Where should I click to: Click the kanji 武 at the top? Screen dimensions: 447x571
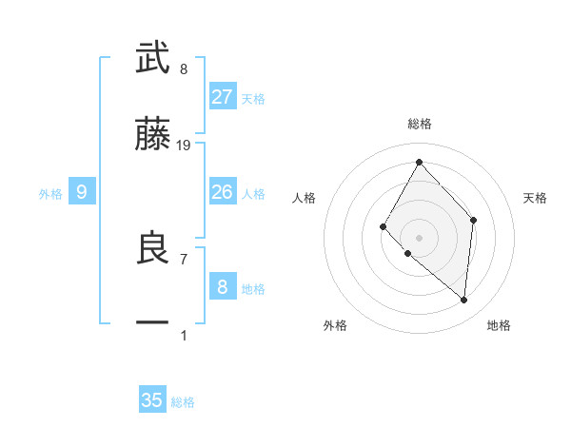[x=152, y=59]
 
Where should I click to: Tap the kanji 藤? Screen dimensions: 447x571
[x=152, y=136]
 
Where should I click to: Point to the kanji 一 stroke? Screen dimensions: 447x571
[x=152, y=323]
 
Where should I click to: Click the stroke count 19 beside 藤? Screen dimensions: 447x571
[x=184, y=146]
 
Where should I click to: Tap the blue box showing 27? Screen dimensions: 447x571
[x=223, y=97]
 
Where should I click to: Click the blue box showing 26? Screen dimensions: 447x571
[x=223, y=192]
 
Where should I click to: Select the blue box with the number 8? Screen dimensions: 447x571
[x=223, y=287]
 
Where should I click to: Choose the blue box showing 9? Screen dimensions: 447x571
[x=82, y=192]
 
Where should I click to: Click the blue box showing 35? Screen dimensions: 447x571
[x=152, y=400]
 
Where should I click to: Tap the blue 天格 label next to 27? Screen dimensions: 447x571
[x=253, y=99]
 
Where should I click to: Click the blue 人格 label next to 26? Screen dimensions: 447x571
[x=253, y=194]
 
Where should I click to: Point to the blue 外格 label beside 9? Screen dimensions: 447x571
[x=50, y=194]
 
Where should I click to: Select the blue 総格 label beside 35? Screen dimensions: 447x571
[x=183, y=402]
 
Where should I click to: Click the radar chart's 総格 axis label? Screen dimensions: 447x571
[x=419, y=124]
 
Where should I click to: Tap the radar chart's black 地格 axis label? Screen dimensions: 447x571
[x=499, y=325]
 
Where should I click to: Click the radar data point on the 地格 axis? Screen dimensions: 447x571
[x=463, y=300]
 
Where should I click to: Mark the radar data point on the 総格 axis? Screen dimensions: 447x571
[x=419, y=162]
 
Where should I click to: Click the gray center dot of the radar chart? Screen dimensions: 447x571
[x=419, y=237]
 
